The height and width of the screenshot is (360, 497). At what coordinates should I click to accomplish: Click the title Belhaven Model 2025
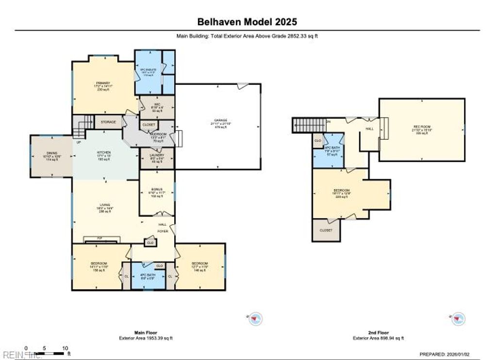(247, 22)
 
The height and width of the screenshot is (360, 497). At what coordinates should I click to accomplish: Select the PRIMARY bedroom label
(102, 83)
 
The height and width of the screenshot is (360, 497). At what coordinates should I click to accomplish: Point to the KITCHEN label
(105, 152)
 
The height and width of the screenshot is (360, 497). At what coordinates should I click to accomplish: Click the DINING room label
(52, 153)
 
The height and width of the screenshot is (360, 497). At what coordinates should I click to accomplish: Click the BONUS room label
(156, 189)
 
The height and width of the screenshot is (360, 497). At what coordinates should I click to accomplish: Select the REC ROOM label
(421, 127)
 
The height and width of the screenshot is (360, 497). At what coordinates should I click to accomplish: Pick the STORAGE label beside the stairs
(108, 122)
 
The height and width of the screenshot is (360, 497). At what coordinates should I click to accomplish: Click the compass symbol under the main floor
(256, 319)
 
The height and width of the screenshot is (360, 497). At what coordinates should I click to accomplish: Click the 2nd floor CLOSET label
(326, 230)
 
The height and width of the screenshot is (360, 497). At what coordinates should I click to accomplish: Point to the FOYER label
(162, 231)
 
